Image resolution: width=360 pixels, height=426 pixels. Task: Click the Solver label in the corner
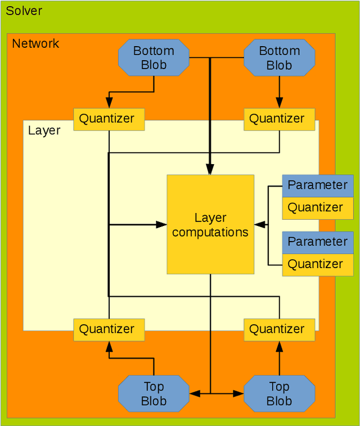click(24, 11)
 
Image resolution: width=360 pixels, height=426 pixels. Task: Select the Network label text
click(35, 43)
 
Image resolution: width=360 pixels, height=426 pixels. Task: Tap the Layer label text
click(44, 130)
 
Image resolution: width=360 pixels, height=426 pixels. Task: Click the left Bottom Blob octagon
click(154, 58)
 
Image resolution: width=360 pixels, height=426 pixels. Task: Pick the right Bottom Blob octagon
click(279, 58)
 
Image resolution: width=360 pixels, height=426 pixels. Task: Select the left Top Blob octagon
click(154, 393)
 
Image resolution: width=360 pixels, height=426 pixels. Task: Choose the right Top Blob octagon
click(279, 393)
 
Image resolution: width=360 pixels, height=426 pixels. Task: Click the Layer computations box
click(210, 224)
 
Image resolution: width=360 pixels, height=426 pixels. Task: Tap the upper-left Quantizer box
click(109, 119)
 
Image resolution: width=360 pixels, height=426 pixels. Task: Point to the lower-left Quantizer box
click(109, 329)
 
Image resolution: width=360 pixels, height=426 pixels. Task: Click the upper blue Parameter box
click(317, 185)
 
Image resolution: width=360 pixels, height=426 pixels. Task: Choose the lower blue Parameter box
click(317, 242)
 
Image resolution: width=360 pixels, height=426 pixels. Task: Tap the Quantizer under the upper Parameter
click(317, 207)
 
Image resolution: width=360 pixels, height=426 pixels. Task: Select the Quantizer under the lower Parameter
click(317, 264)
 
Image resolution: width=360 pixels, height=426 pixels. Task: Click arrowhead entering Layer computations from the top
click(210, 170)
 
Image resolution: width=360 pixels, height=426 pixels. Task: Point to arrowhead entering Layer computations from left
click(162, 224)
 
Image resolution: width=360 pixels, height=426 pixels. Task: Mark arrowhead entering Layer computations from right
click(259, 224)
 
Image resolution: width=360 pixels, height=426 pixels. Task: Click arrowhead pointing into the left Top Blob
click(193, 394)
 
